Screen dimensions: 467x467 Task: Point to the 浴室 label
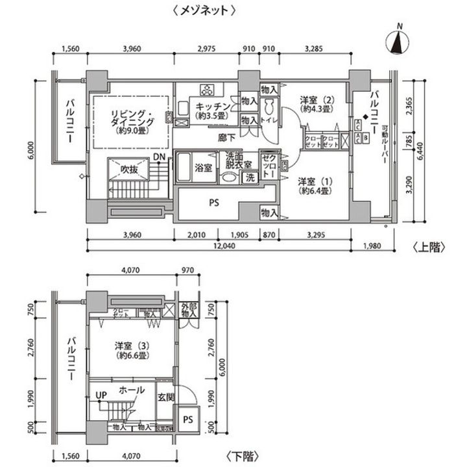point(203,168)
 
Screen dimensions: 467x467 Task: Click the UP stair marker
point(101,394)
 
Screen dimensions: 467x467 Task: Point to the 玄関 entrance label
point(165,398)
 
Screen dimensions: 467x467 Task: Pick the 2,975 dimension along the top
point(205,49)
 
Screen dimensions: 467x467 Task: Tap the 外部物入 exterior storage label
point(189,310)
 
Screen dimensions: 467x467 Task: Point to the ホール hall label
point(132,391)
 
